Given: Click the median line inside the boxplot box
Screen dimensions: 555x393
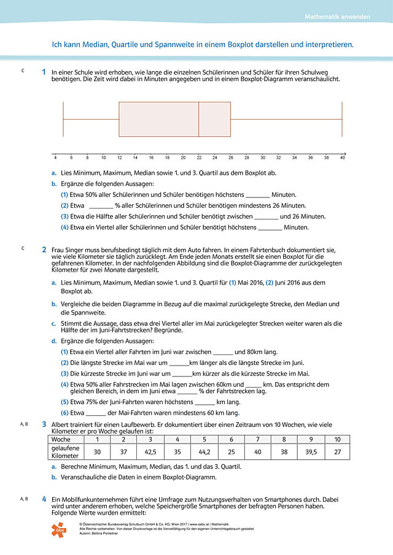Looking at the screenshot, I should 198,119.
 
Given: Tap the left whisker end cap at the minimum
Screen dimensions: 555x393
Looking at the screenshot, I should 63,119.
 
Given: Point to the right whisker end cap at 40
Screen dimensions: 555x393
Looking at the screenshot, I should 342,119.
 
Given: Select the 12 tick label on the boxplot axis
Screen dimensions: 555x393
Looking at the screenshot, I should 119,158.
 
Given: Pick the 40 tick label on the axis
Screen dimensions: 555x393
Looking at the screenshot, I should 342,158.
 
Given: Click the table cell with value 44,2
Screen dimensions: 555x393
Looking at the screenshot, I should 204,452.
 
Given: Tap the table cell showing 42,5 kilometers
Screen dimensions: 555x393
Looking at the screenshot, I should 150,452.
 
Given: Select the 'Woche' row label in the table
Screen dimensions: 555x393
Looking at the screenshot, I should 60,439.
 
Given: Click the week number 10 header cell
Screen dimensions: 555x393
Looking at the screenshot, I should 337,439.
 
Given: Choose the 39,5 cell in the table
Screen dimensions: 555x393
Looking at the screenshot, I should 310,452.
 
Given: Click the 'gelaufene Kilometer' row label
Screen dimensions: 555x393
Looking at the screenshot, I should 64,452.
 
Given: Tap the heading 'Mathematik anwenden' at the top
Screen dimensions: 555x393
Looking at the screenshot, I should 337,17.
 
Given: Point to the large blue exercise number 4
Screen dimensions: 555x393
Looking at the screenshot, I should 44,499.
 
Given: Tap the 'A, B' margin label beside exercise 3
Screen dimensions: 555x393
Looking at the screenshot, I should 25,424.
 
